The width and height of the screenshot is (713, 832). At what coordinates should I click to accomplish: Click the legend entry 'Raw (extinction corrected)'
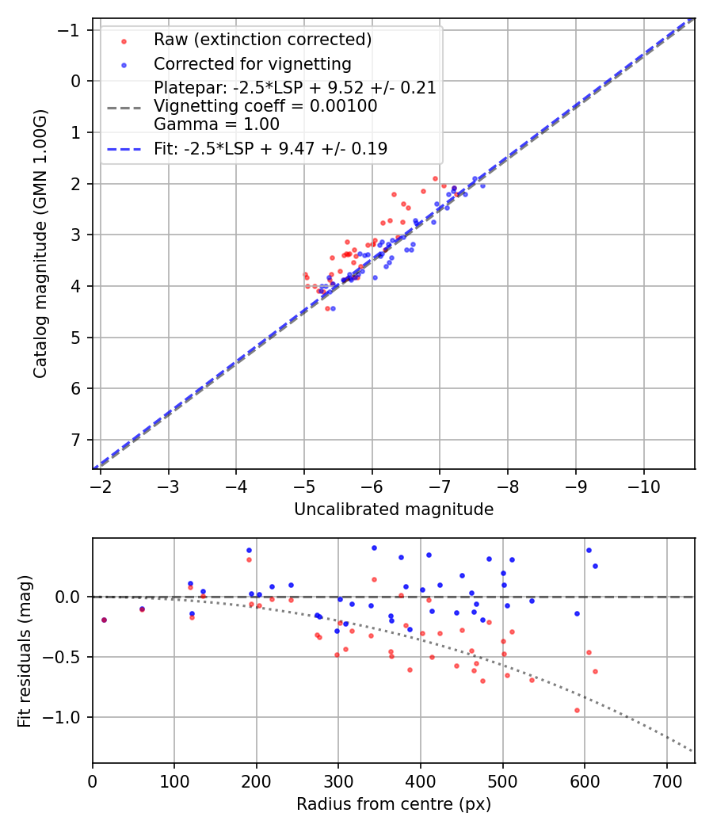pyautogui.click(x=262, y=40)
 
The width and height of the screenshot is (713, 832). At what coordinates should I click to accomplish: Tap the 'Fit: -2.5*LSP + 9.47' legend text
pyautogui.click(x=270, y=149)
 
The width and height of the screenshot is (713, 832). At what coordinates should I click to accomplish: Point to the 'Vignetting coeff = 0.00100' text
pyautogui.click(x=265, y=106)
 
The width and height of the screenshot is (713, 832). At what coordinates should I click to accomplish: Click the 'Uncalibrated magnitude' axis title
pyautogui.click(x=394, y=510)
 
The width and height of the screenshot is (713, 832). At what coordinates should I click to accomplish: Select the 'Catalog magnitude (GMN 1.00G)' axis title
pyautogui.click(x=40, y=244)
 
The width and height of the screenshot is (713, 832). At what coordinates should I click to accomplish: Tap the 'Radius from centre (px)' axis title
pyautogui.click(x=394, y=804)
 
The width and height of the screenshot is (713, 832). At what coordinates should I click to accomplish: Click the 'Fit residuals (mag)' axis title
pyautogui.click(x=25, y=651)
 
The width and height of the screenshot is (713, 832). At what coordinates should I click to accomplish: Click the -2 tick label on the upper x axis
pyautogui.click(x=101, y=485)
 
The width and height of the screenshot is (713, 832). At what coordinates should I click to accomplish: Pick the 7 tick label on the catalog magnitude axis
pyautogui.click(x=76, y=440)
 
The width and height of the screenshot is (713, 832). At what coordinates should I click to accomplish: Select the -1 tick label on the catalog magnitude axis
pyautogui.click(x=71, y=30)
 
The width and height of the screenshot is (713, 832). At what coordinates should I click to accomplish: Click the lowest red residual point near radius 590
pyautogui.click(x=577, y=710)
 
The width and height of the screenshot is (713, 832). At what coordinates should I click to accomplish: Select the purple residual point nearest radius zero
pyautogui.click(x=104, y=620)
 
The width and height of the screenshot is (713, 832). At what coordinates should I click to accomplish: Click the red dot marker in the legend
pyautogui.click(x=124, y=40)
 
